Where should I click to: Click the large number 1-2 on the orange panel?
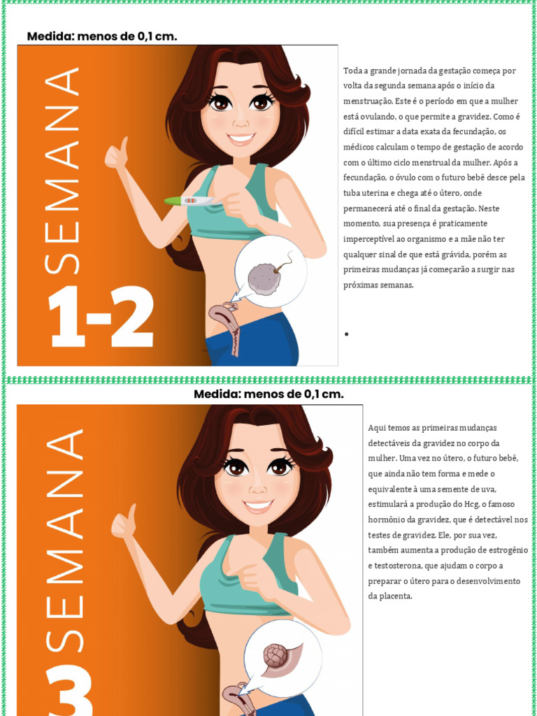(100, 317)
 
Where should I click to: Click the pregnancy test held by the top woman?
(189, 201)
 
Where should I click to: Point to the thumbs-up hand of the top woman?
(115, 155)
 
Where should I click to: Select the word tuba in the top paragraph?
(352, 193)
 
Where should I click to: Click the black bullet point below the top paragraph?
(346, 334)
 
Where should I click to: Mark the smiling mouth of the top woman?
(241, 138)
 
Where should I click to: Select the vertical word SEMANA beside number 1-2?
(62, 171)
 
